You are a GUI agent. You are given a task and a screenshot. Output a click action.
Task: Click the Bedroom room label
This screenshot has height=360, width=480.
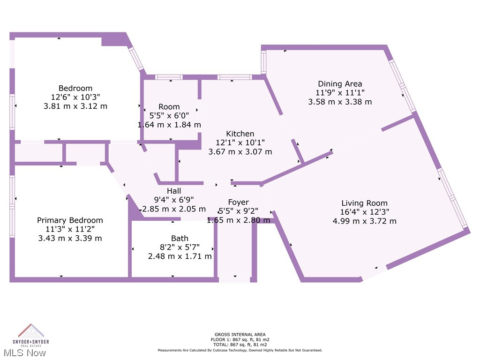75,88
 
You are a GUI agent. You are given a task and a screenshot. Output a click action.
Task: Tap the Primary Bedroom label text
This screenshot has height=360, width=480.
70,220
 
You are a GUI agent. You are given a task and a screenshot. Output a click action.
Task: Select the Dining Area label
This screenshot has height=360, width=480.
340,84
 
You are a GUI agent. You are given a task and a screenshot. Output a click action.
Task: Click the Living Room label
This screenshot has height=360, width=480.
364,203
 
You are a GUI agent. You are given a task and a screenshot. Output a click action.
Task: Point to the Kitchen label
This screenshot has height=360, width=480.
240,134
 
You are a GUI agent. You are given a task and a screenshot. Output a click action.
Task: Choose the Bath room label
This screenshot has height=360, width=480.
180,239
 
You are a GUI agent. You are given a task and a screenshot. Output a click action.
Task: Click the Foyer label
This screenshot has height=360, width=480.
239,202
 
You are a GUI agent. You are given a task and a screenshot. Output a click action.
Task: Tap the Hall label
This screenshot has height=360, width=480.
173,191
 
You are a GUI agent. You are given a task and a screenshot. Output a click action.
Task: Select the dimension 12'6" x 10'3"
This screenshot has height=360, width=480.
75,97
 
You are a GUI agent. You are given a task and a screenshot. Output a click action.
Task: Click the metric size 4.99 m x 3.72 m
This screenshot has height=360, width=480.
364,221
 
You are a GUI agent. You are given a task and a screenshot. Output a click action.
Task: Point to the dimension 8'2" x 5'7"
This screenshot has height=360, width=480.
180,247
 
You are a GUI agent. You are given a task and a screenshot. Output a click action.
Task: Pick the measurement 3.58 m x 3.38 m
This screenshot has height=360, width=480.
340,102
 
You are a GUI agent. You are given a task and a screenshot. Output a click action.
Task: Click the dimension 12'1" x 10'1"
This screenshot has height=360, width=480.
240,143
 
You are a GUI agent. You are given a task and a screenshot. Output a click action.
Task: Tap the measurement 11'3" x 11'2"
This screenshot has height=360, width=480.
70,229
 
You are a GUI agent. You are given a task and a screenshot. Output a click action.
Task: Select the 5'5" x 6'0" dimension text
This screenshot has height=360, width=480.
169,116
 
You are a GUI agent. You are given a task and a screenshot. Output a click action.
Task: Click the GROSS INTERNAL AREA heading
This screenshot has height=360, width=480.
240,334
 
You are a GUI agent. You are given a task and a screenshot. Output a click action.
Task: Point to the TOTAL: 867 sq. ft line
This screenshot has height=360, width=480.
240,345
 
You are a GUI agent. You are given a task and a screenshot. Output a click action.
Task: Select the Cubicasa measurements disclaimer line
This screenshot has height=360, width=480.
240,350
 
